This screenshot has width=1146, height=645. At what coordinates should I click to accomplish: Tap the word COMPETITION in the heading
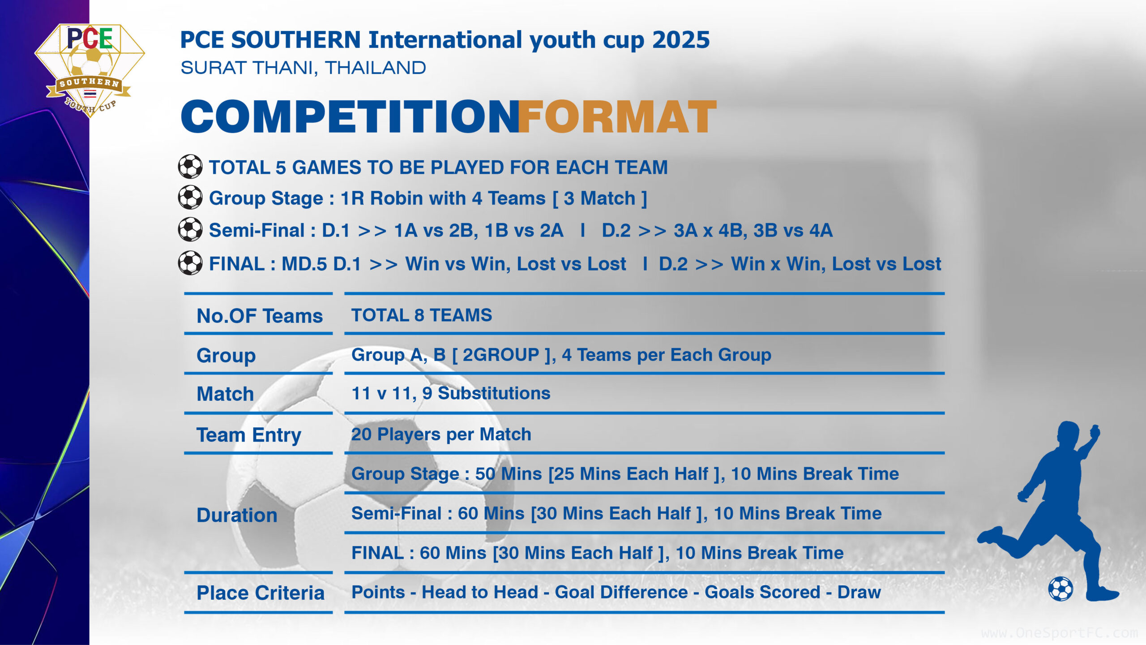[x=350, y=116]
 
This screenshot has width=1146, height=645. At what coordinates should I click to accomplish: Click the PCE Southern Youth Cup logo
[x=90, y=70]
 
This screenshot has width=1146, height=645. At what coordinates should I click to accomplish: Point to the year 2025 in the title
[x=681, y=40]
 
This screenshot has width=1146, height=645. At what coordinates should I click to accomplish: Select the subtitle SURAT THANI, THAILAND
[x=303, y=68]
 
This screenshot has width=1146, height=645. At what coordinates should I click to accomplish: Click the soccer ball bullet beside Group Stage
[x=190, y=198]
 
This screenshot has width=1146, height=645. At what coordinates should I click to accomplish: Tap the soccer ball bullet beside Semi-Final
[x=190, y=229]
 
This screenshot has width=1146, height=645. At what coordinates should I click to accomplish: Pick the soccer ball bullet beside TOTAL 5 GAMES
[x=190, y=167]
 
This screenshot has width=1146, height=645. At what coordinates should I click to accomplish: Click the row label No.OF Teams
[x=260, y=316]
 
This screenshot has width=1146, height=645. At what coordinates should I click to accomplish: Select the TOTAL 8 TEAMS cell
[x=422, y=315]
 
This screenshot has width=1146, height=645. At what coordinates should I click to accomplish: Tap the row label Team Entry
[x=249, y=435]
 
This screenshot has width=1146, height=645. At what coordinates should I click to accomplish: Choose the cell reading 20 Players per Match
[x=441, y=434]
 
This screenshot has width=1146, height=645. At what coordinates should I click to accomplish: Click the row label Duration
[x=237, y=515]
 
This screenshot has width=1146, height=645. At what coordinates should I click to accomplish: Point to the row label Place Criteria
[x=261, y=593]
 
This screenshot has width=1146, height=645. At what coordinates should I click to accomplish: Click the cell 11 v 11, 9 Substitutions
[x=451, y=393]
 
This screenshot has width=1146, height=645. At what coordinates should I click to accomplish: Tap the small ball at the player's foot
[x=1060, y=589]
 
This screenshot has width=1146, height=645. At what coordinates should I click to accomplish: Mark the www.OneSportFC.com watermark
[x=1059, y=633]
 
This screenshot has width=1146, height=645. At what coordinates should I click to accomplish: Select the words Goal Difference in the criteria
[x=621, y=592]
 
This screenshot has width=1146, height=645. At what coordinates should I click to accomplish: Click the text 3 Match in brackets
[x=599, y=198]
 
